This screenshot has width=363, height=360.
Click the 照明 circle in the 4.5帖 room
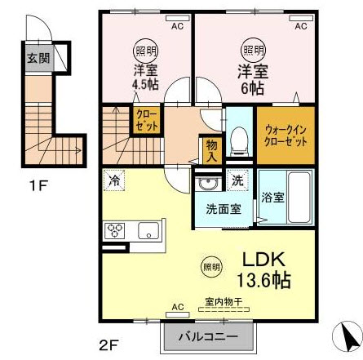[143, 50]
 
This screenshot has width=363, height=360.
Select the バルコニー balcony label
[205, 336]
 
